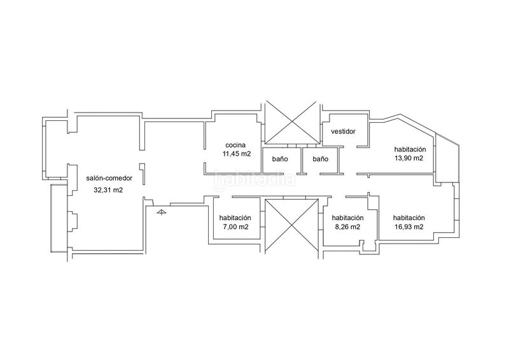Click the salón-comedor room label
pos(109,178)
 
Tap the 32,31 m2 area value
pos(108,190)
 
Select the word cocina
pos(235,146)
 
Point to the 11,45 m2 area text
pos(236,154)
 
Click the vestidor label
pos(343,132)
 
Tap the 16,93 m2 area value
pos(408,227)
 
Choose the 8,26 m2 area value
pos(347,227)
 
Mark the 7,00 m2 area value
pos(235,227)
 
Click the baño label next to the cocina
pos(280,159)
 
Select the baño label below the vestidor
pos(321,159)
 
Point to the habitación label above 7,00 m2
pos(235,218)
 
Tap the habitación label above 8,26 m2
pos(347,218)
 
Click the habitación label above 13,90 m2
pos(410,149)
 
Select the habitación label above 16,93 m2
pos(408,218)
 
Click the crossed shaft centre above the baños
pos(291,122)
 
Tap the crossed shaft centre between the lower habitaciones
pos(291,225)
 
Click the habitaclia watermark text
pos(254,179)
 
